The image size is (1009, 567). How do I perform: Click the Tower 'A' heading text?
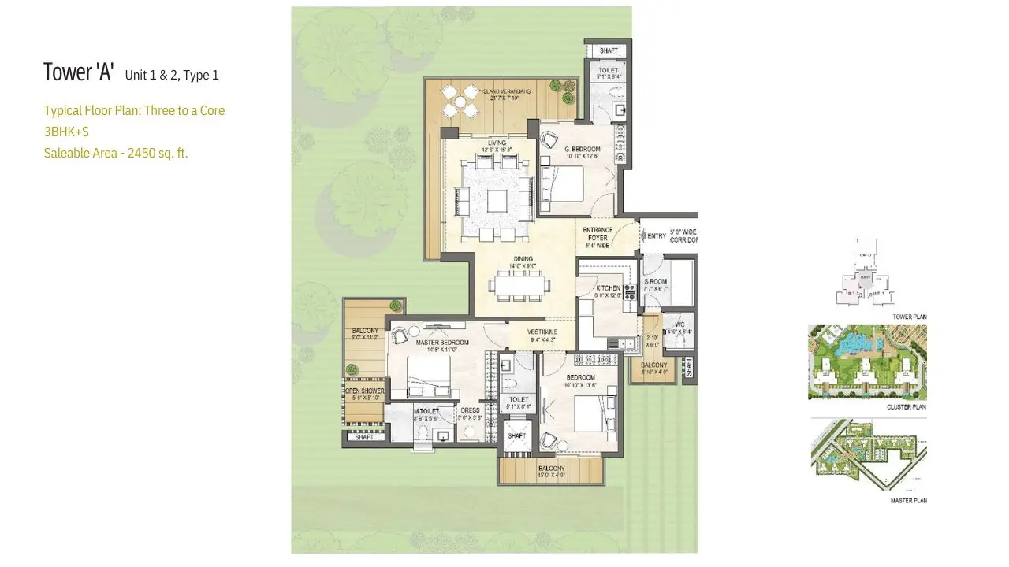coord(79,72)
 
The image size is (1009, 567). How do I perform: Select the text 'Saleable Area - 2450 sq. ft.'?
coord(116,153)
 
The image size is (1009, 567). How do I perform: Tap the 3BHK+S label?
coord(66,132)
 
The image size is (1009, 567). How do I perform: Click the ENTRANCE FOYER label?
coord(598,234)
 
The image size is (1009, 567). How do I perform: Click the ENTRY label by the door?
coord(656,235)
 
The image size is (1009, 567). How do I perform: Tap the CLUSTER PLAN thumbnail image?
coord(867,363)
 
